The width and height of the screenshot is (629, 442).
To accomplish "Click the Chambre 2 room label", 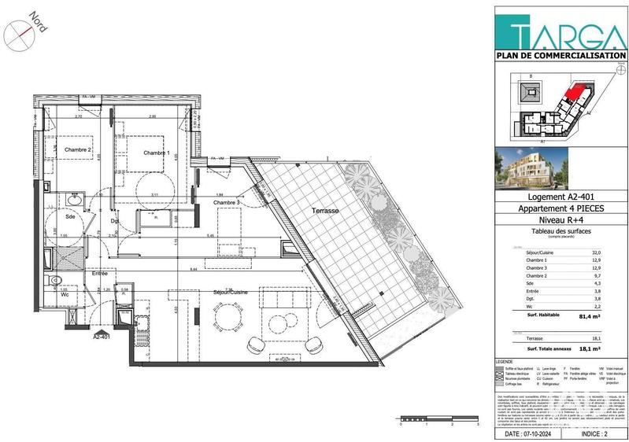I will tap(78, 150).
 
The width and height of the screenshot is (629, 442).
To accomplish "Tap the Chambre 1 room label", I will tap(156, 153).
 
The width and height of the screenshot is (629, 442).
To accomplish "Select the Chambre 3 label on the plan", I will tap(227, 203).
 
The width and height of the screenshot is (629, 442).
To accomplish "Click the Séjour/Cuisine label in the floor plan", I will tap(230, 292).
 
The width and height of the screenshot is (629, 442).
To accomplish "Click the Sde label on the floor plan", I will tap(71, 216).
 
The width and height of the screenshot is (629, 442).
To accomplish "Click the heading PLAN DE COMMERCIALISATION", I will tap(561, 55).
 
